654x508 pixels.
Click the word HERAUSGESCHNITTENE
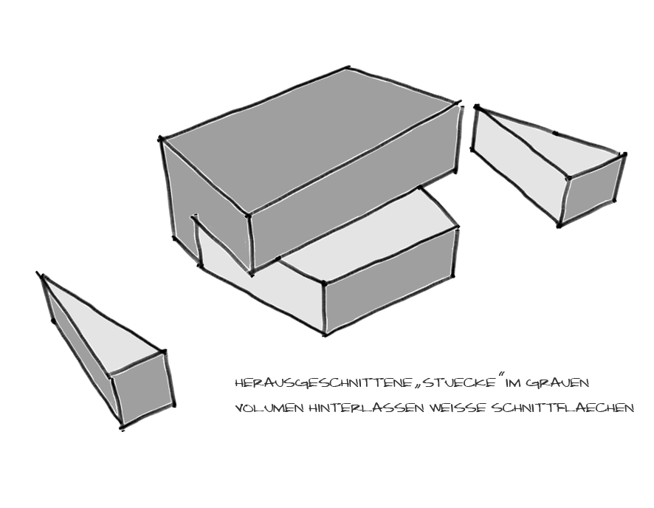point(324,383)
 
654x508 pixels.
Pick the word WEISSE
point(457,408)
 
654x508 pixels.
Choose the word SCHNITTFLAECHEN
point(562,408)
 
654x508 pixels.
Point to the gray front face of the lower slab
point(390,279)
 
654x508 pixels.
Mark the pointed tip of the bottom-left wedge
point(41,275)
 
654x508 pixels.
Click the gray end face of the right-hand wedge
point(592,190)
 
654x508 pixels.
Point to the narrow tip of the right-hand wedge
point(476,109)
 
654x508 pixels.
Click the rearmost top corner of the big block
point(350,68)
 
